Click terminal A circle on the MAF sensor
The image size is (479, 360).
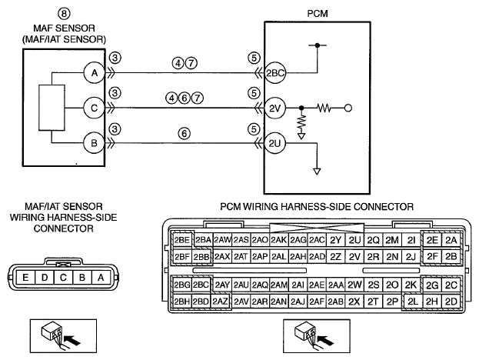[95, 73]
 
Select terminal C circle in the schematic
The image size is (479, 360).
[95, 108]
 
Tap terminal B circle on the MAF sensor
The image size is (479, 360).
[95, 143]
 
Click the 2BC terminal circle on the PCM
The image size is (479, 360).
[275, 73]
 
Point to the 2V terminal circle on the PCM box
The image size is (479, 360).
[275, 108]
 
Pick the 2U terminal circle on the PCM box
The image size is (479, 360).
[275, 143]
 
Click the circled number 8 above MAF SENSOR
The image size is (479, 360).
[64, 13]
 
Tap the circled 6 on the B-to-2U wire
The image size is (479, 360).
[184, 133]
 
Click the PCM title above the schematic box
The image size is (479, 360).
[318, 13]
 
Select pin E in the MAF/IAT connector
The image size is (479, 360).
[25, 278]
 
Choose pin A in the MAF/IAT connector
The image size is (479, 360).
[101, 278]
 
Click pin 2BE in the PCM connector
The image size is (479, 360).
[182, 240]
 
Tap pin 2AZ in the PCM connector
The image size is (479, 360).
[220, 302]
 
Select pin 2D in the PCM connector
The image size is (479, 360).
[451, 302]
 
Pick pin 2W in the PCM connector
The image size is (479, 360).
[354, 285]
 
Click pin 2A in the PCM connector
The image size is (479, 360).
[451, 240]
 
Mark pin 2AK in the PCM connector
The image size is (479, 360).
[278, 240]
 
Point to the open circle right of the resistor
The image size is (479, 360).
[348, 108]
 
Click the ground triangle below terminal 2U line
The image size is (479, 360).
[317, 172]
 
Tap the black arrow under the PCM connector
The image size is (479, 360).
[326, 339]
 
